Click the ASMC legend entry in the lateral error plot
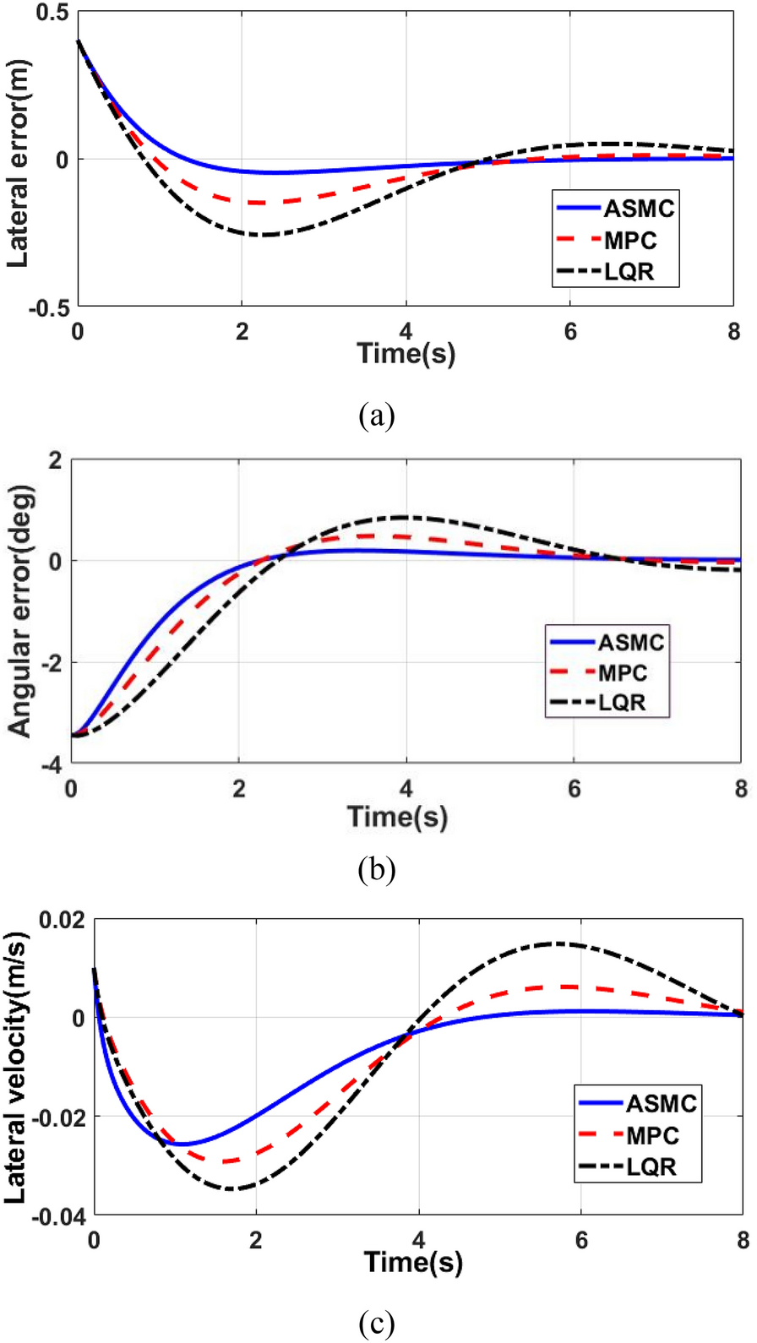pos(616,209)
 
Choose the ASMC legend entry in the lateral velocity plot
pos(638,1103)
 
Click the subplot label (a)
pos(377,416)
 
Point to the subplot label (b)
pos(377,869)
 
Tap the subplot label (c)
pos(377,1323)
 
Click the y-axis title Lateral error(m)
pos(18,164)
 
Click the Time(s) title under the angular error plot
pos(397,817)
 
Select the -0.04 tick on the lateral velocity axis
pos(58,1217)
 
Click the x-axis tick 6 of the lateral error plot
pos(570,332)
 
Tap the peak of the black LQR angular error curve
pos(406,517)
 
